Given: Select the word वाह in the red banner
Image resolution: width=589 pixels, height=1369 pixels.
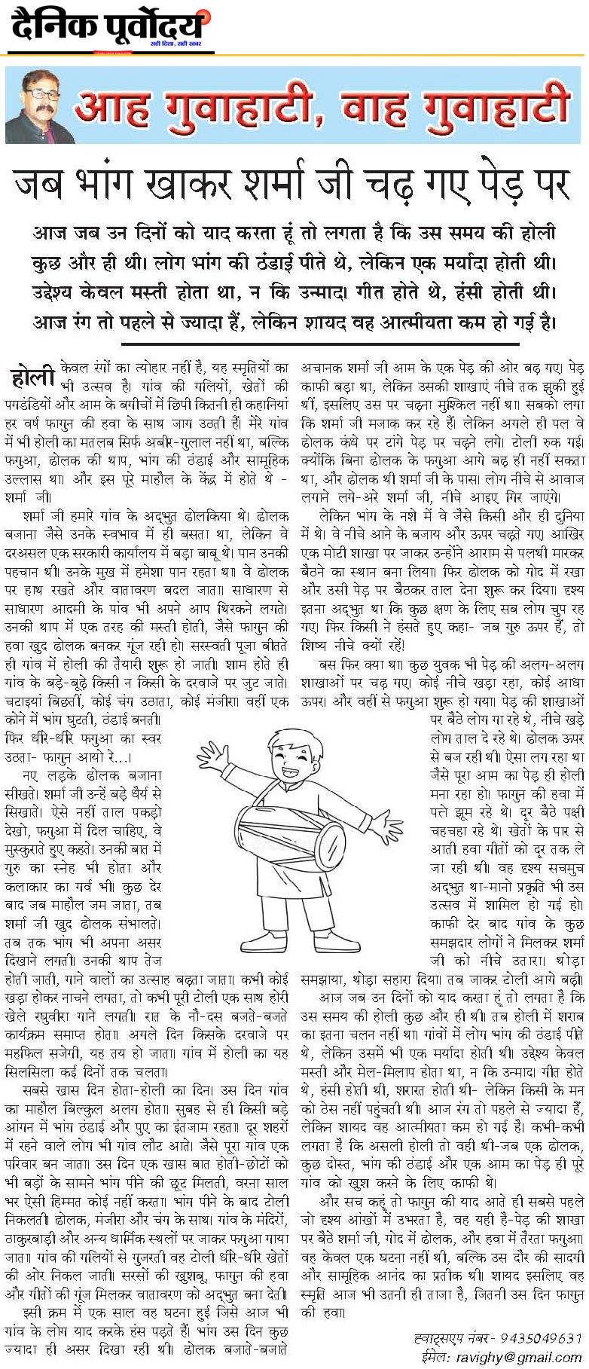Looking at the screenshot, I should (380, 110).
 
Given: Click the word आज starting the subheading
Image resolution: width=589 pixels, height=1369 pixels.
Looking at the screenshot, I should (48, 234).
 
